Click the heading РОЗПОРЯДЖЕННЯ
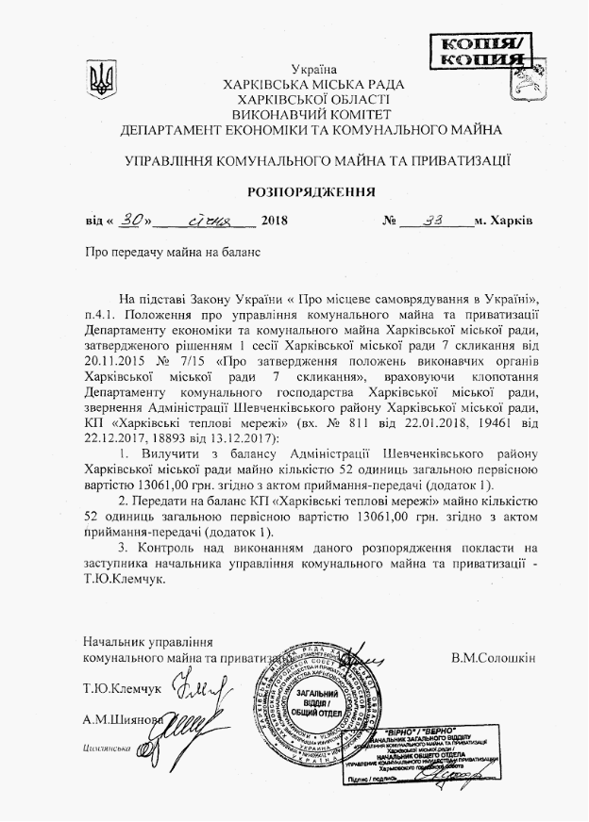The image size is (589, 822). [311, 191]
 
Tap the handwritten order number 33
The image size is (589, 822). [435, 220]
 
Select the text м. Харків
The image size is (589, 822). [504, 222]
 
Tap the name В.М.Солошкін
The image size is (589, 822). [493, 656]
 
